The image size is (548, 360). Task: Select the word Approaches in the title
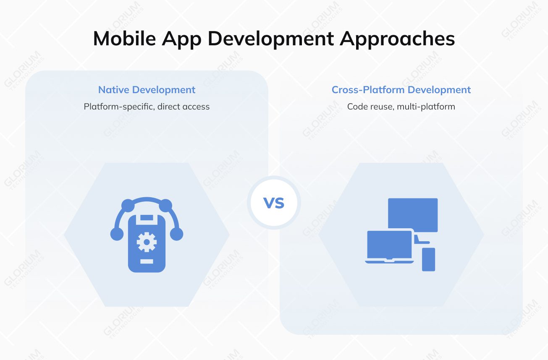[x=397, y=39]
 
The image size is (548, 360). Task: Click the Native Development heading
[x=147, y=90]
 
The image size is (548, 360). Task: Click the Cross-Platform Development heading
[x=401, y=90]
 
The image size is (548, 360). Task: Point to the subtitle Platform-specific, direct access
[x=147, y=107]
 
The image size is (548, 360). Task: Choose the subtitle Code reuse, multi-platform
[x=401, y=107]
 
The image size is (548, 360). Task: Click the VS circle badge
[x=274, y=203]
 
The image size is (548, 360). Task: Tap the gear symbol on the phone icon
[x=147, y=242]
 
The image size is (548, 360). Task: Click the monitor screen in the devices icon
[x=413, y=214]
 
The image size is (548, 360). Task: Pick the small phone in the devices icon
[x=428, y=259]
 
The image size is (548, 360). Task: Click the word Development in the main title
[x=271, y=39]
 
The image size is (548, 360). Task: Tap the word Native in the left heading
[x=114, y=90]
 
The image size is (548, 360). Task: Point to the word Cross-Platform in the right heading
[x=368, y=90]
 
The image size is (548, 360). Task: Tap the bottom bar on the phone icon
[x=147, y=262]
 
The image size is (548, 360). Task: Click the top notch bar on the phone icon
[x=147, y=217]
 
